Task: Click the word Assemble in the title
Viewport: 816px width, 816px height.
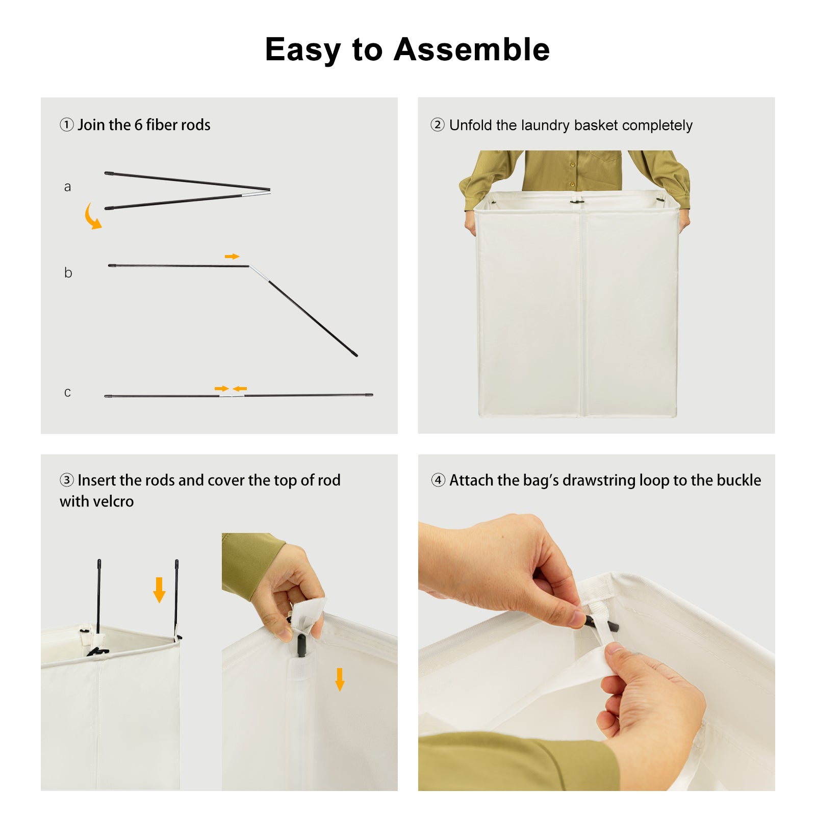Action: [x=472, y=49]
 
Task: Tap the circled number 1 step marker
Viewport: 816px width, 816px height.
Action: [x=67, y=124]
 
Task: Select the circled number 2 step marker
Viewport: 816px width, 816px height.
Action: [x=438, y=124]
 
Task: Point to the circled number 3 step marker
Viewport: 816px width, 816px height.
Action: [x=67, y=480]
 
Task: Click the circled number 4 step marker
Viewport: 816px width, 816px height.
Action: [x=438, y=480]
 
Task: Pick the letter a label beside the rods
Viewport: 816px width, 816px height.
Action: [x=67, y=187]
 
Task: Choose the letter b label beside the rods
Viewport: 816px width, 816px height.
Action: [x=68, y=272]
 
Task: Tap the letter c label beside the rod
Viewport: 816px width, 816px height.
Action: [x=67, y=392]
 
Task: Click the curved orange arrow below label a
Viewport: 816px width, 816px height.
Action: [x=91, y=217]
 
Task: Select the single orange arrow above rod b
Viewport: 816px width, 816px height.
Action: [x=232, y=256]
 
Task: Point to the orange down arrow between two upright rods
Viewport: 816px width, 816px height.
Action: [x=159, y=590]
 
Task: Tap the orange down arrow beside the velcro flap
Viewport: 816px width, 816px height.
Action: [x=340, y=679]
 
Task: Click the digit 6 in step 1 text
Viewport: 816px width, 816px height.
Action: [x=138, y=125]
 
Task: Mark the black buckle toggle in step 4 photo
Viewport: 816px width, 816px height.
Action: [x=602, y=624]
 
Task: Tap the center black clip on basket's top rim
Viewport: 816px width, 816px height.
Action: [x=577, y=201]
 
